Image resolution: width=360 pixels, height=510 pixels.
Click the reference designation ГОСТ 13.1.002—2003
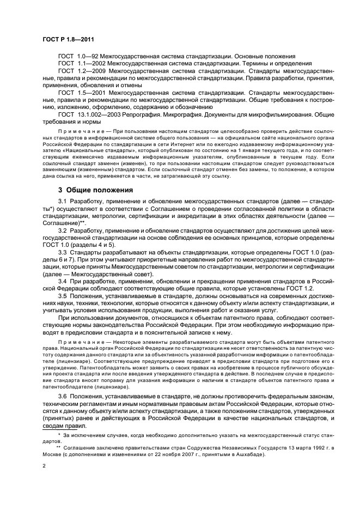click(x=88, y=115)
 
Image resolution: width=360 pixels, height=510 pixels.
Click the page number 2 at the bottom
click(x=45, y=466)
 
